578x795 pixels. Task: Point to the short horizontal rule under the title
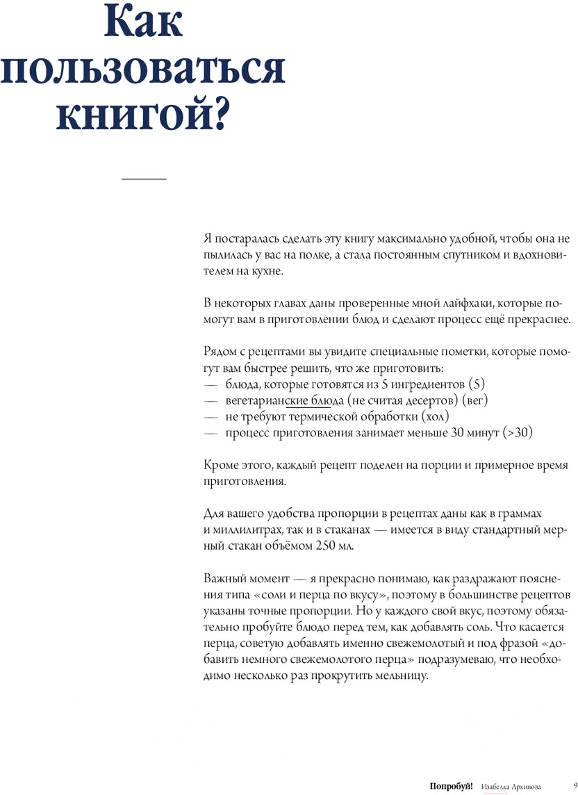144,179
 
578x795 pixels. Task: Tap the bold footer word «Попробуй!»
452,786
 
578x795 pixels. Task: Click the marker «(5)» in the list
476,384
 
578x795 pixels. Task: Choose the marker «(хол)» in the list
435,416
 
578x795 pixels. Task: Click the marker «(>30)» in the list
518,432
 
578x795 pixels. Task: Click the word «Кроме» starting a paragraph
221,465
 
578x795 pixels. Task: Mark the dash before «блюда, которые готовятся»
210,384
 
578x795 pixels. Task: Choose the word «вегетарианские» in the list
260,400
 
